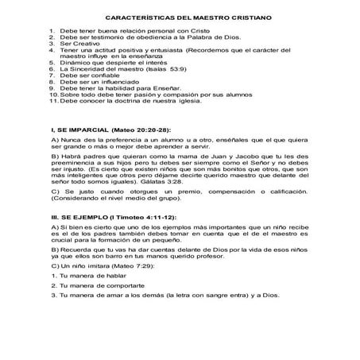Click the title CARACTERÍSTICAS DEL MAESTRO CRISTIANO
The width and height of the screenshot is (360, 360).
click(x=180, y=17)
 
